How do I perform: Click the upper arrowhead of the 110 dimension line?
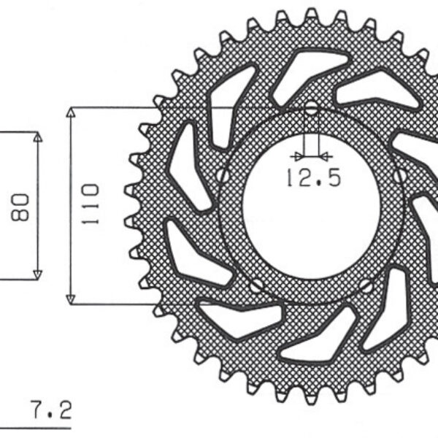[x=71, y=112]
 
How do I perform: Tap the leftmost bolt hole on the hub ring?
[x=223, y=174]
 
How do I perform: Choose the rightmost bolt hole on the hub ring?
[x=401, y=175]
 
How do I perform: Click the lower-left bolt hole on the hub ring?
[x=255, y=285]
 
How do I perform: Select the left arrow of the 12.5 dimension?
[x=296, y=155]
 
